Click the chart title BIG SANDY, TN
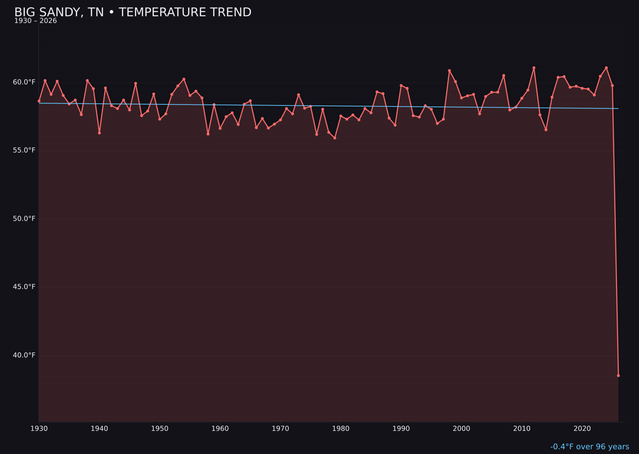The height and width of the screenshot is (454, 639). point(133,12)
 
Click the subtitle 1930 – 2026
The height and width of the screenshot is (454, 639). point(35,21)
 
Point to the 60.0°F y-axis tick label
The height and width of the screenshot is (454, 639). point(25,82)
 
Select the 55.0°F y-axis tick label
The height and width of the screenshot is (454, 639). point(25,150)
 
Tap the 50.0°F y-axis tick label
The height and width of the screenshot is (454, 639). point(25,219)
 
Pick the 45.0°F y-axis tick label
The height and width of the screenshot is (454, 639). point(25,287)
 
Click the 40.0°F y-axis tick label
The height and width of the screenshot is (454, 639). point(25,355)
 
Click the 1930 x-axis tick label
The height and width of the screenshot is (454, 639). point(39,429)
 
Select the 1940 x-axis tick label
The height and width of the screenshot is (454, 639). point(99,429)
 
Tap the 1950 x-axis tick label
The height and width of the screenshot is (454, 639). point(160,429)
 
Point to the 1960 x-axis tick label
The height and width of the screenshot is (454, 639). point(220,429)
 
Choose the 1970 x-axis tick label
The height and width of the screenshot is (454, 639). point(280,429)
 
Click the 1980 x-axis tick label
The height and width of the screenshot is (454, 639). point(341,429)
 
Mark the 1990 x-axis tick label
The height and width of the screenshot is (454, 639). point(401,429)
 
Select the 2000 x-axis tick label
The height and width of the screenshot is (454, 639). point(461,429)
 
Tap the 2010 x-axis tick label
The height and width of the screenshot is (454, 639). point(522,429)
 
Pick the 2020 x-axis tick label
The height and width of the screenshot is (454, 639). point(582,429)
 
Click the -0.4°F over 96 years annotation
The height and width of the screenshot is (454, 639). point(589,447)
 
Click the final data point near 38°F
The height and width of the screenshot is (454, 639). point(618,375)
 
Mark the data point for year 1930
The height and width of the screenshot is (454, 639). point(39,101)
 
